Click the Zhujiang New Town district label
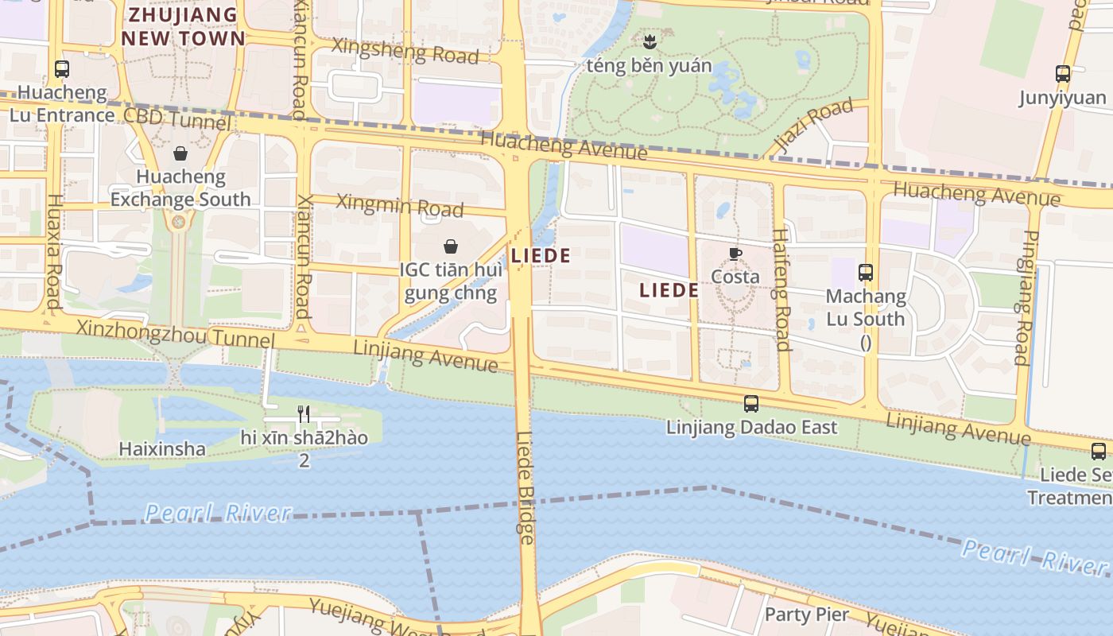(183, 26)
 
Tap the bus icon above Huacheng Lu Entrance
(62, 69)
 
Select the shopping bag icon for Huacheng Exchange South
(180, 153)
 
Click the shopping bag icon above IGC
(451, 246)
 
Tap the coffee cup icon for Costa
(735, 254)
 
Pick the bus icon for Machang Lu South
(866, 273)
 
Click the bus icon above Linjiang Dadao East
(751, 404)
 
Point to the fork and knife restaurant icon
(304, 413)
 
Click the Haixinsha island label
(162, 449)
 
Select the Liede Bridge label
(525, 487)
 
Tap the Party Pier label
(806, 615)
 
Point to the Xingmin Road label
(399, 204)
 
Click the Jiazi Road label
(814, 126)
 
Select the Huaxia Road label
(53, 251)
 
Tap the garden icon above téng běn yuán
(650, 41)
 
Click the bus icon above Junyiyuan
(1063, 74)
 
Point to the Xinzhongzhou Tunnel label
(175, 333)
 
